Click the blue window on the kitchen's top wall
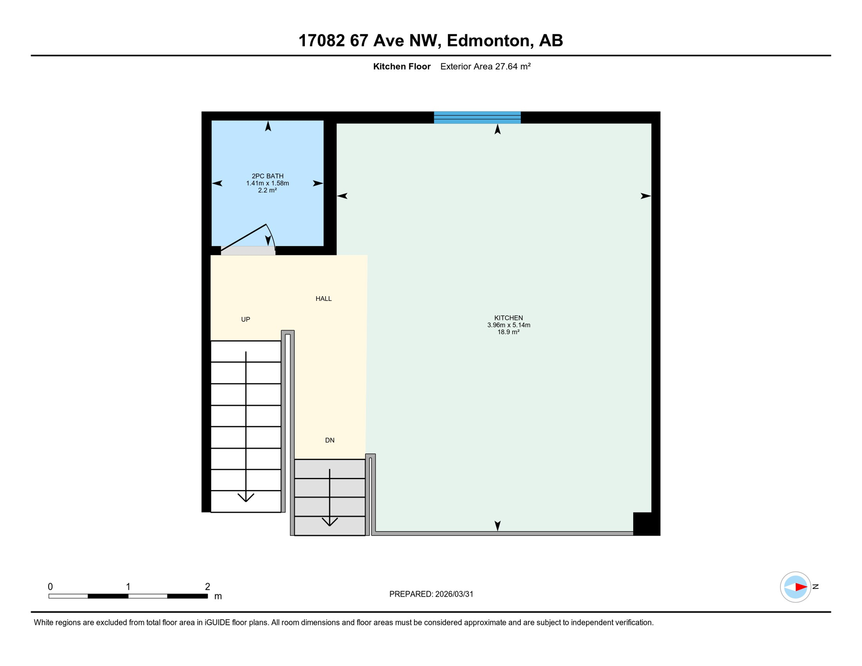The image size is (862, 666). [477, 118]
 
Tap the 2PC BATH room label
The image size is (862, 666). [268, 176]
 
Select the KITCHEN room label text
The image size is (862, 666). [508, 318]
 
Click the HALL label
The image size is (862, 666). [323, 299]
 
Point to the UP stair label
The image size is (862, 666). [245, 320]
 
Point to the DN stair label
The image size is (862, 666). [330, 441]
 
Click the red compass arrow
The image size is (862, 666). [800, 587]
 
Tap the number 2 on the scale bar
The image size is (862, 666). [208, 587]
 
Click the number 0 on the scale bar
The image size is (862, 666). [50, 587]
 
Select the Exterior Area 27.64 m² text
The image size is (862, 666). [485, 67]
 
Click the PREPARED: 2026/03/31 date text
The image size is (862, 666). [431, 594]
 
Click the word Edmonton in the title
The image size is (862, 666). [489, 41]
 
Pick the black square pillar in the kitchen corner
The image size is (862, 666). [642, 523]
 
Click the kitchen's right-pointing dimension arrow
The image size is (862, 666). [645, 196]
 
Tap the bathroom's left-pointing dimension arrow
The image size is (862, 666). [217, 183]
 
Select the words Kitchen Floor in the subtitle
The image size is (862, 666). [402, 67]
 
